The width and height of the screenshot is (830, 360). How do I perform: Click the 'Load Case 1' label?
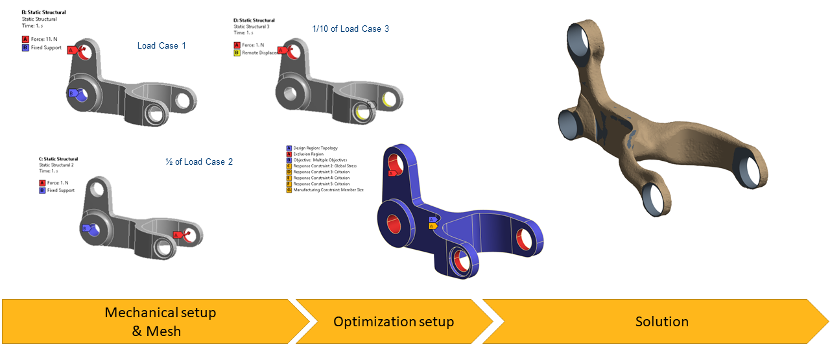point(161,45)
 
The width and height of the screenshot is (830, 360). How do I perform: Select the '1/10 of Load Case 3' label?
point(350,29)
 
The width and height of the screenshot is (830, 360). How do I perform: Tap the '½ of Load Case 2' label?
point(199,162)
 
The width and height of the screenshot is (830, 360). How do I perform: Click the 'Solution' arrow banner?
point(661,322)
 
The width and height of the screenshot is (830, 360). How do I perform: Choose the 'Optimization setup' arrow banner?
point(394,322)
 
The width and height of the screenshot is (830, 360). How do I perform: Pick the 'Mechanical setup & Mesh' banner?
point(160,322)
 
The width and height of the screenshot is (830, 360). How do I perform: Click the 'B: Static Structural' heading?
point(44,12)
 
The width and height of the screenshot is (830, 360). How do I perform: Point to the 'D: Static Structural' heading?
point(254,20)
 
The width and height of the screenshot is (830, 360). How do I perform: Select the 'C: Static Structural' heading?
point(58,159)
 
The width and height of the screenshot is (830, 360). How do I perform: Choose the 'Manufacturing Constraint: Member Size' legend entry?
point(328,190)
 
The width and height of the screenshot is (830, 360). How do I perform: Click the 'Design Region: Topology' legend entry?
point(315,148)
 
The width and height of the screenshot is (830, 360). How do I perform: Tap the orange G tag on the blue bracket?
point(431,226)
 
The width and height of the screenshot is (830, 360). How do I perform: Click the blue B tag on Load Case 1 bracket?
point(72,93)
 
